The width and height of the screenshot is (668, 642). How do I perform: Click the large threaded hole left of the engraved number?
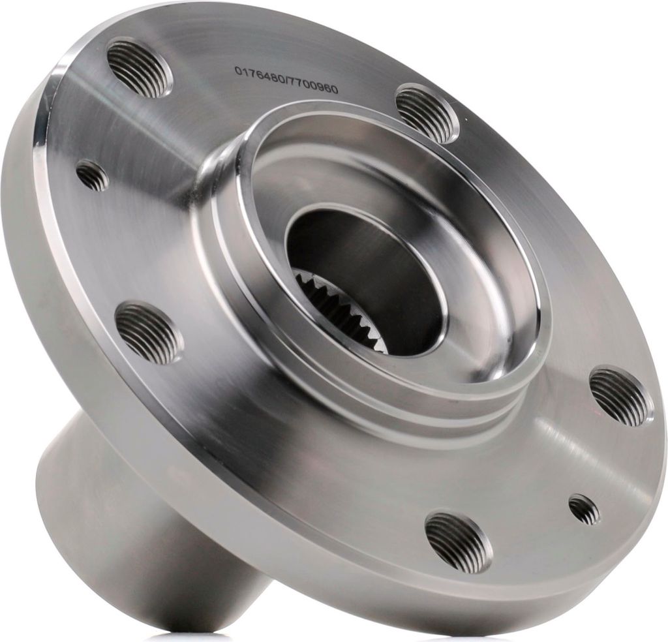140,67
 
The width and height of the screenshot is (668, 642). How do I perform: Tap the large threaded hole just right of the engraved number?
426,113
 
